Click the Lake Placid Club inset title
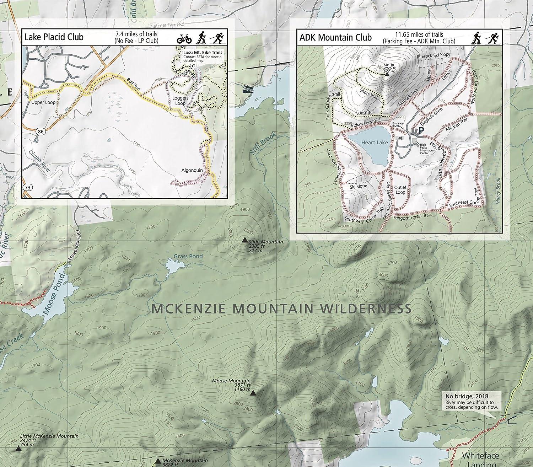[54, 37]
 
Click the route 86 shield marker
[41, 131]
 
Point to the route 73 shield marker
[27, 187]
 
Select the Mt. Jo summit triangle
[387, 74]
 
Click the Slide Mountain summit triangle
[244, 240]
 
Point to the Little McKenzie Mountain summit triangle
[18, 449]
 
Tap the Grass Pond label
[188, 256]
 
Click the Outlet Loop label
[400, 189]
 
